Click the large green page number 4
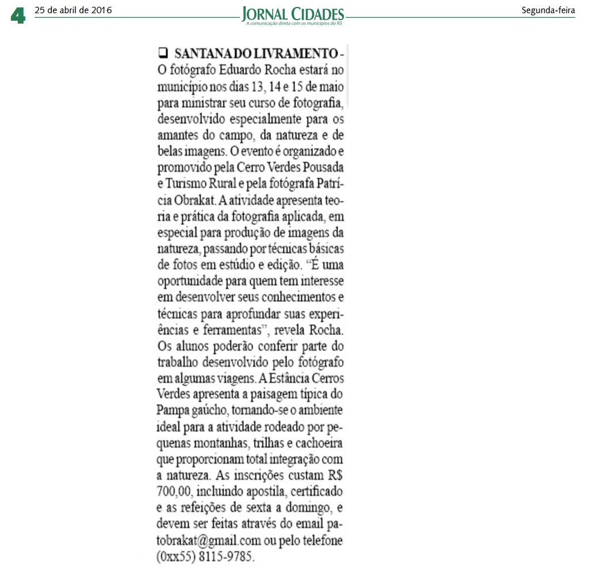click(x=18, y=16)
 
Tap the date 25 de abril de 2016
click(x=73, y=10)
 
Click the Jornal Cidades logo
click(x=293, y=13)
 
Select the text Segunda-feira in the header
click(x=548, y=10)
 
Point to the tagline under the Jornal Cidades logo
click(x=294, y=24)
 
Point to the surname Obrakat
click(x=196, y=203)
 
